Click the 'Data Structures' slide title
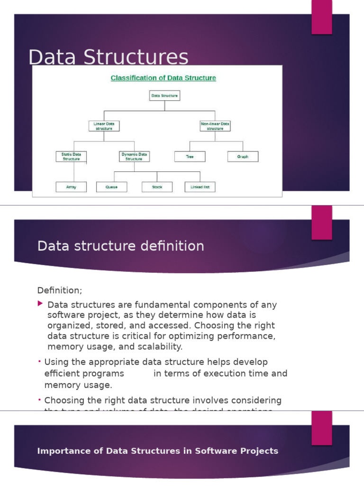[x=108, y=57]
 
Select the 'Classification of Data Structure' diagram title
[x=163, y=78]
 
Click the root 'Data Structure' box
[x=164, y=95]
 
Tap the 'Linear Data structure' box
[x=104, y=126]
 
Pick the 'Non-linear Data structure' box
[x=215, y=126]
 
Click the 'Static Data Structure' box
[x=71, y=157]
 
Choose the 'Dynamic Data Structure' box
[x=134, y=157]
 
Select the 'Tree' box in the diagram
[x=190, y=157]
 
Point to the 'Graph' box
[x=243, y=157]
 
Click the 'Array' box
[x=71, y=187]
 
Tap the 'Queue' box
[x=112, y=187]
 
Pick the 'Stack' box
[x=157, y=187]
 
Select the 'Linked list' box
[x=200, y=187]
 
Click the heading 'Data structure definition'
[x=120, y=246]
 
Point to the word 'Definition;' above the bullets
[x=60, y=290]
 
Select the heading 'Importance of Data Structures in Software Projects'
[x=157, y=451]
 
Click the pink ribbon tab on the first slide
[x=321, y=17]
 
